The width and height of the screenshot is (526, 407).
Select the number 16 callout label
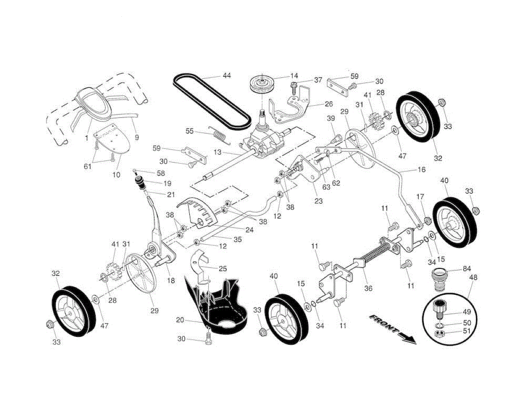(421, 170)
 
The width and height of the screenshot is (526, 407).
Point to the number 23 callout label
(318, 201)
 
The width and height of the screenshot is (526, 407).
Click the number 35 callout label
(238, 239)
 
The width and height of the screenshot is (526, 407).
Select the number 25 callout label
(223, 268)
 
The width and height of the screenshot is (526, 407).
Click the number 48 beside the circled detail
(473, 278)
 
